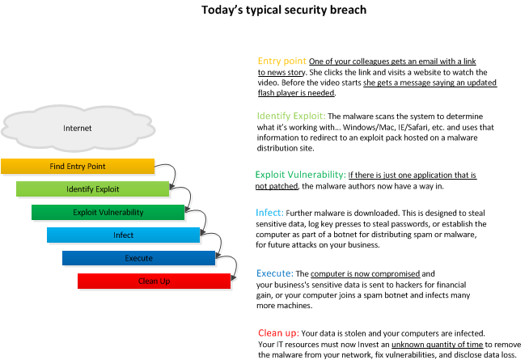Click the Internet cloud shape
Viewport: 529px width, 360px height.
[78, 128]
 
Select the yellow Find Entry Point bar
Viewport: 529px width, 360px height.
[78, 167]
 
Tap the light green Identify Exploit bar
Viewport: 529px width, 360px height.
[93, 189]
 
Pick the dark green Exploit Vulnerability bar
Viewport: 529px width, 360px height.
[108, 212]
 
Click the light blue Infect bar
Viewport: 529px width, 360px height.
[124, 235]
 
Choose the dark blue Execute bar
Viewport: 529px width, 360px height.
[138, 258]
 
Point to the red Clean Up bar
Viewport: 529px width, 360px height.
[154, 281]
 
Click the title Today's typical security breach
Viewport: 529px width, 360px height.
[284, 10]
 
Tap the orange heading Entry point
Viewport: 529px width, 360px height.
[282, 61]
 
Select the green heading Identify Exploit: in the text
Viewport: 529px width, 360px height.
[291, 116]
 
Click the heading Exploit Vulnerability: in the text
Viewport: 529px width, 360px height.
[301, 175]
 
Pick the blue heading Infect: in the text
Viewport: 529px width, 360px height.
[269, 213]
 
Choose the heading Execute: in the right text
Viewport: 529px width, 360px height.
[275, 273]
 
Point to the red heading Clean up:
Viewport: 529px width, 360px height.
[279, 333]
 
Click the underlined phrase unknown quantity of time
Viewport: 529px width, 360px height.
[438, 345]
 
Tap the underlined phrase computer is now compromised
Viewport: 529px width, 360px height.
[366, 273]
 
